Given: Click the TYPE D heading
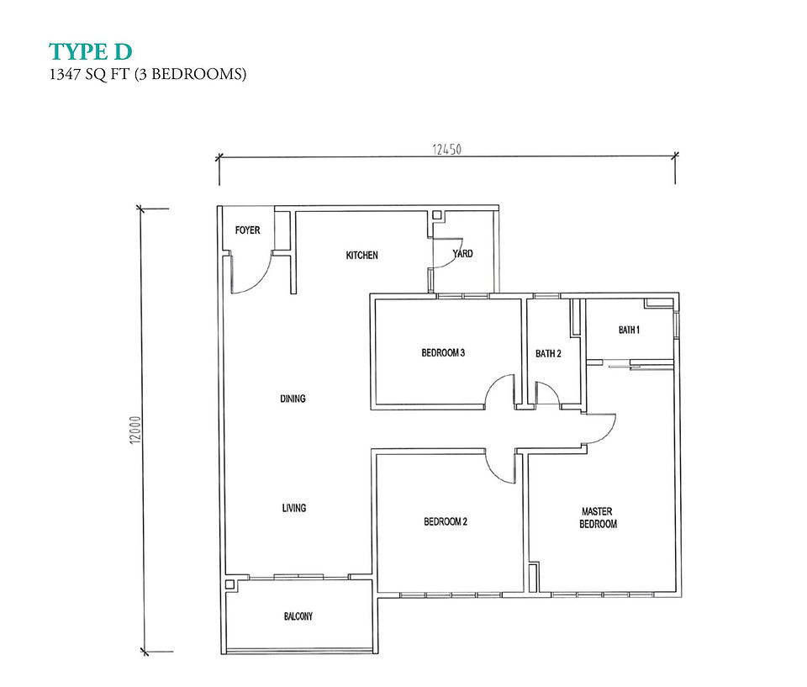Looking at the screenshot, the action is click(91, 52).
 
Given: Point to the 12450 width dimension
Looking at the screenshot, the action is click(446, 150).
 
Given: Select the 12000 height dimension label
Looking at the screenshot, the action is click(134, 430).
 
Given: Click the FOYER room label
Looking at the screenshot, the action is click(247, 230).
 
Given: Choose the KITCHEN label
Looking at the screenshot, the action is click(361, 255).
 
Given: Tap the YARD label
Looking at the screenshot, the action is click(462, 253).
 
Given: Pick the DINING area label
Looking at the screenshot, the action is click(293, 398).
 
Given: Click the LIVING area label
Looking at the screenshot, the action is click(294, 508).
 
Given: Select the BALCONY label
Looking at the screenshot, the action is click(298, 616).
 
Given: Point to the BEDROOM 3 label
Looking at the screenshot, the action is click(443, 353).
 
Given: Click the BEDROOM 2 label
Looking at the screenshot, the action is click(446, 521).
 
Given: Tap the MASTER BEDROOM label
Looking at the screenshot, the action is click(598, 518).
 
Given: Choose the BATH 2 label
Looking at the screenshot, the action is click(548, 353).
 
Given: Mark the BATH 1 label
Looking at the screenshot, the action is click(629, 330).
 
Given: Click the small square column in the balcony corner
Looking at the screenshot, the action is click(229, 584).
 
